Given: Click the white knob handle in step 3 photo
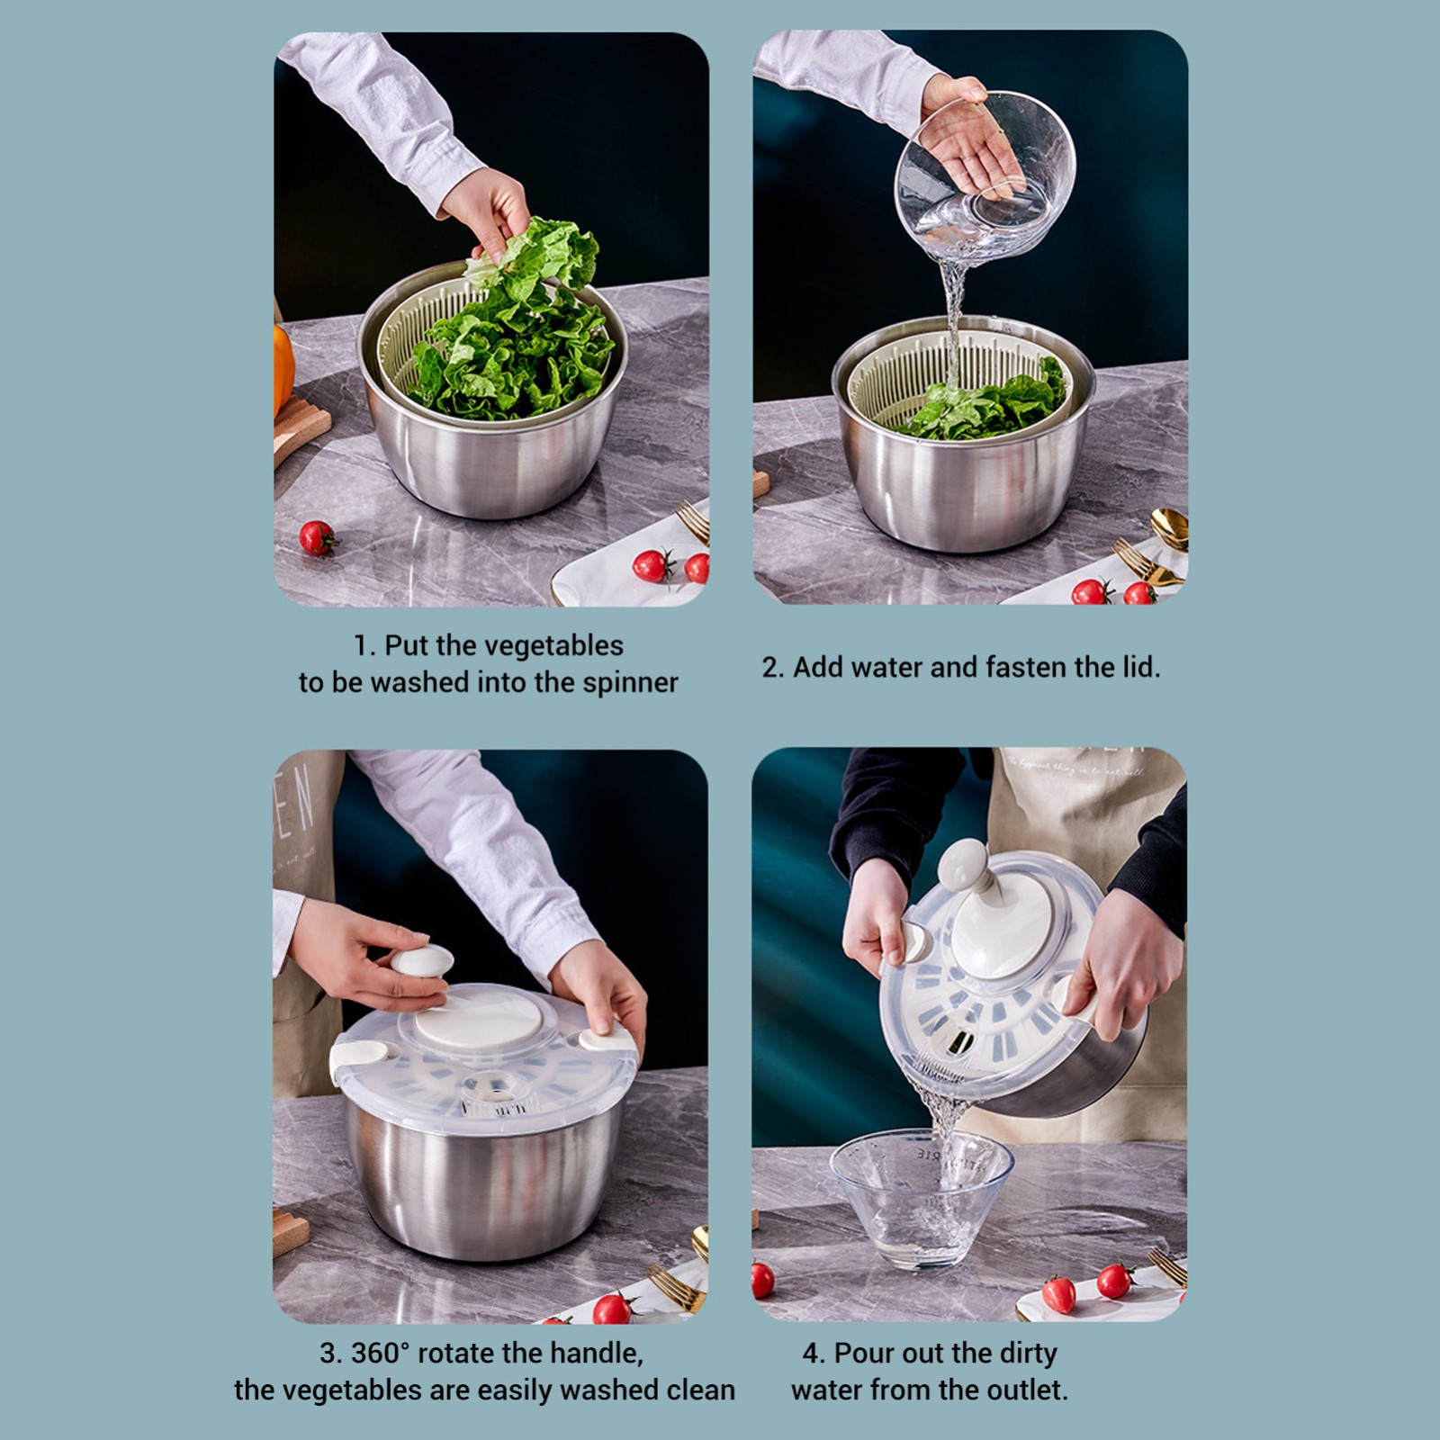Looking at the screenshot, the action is [421, 962].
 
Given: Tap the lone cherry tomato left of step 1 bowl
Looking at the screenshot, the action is [317, 537].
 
